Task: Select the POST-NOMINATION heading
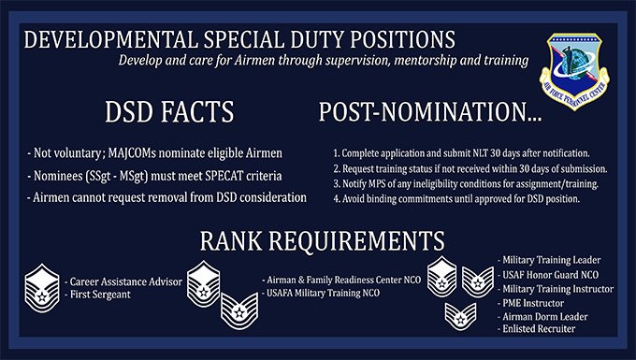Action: click(440, 113)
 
